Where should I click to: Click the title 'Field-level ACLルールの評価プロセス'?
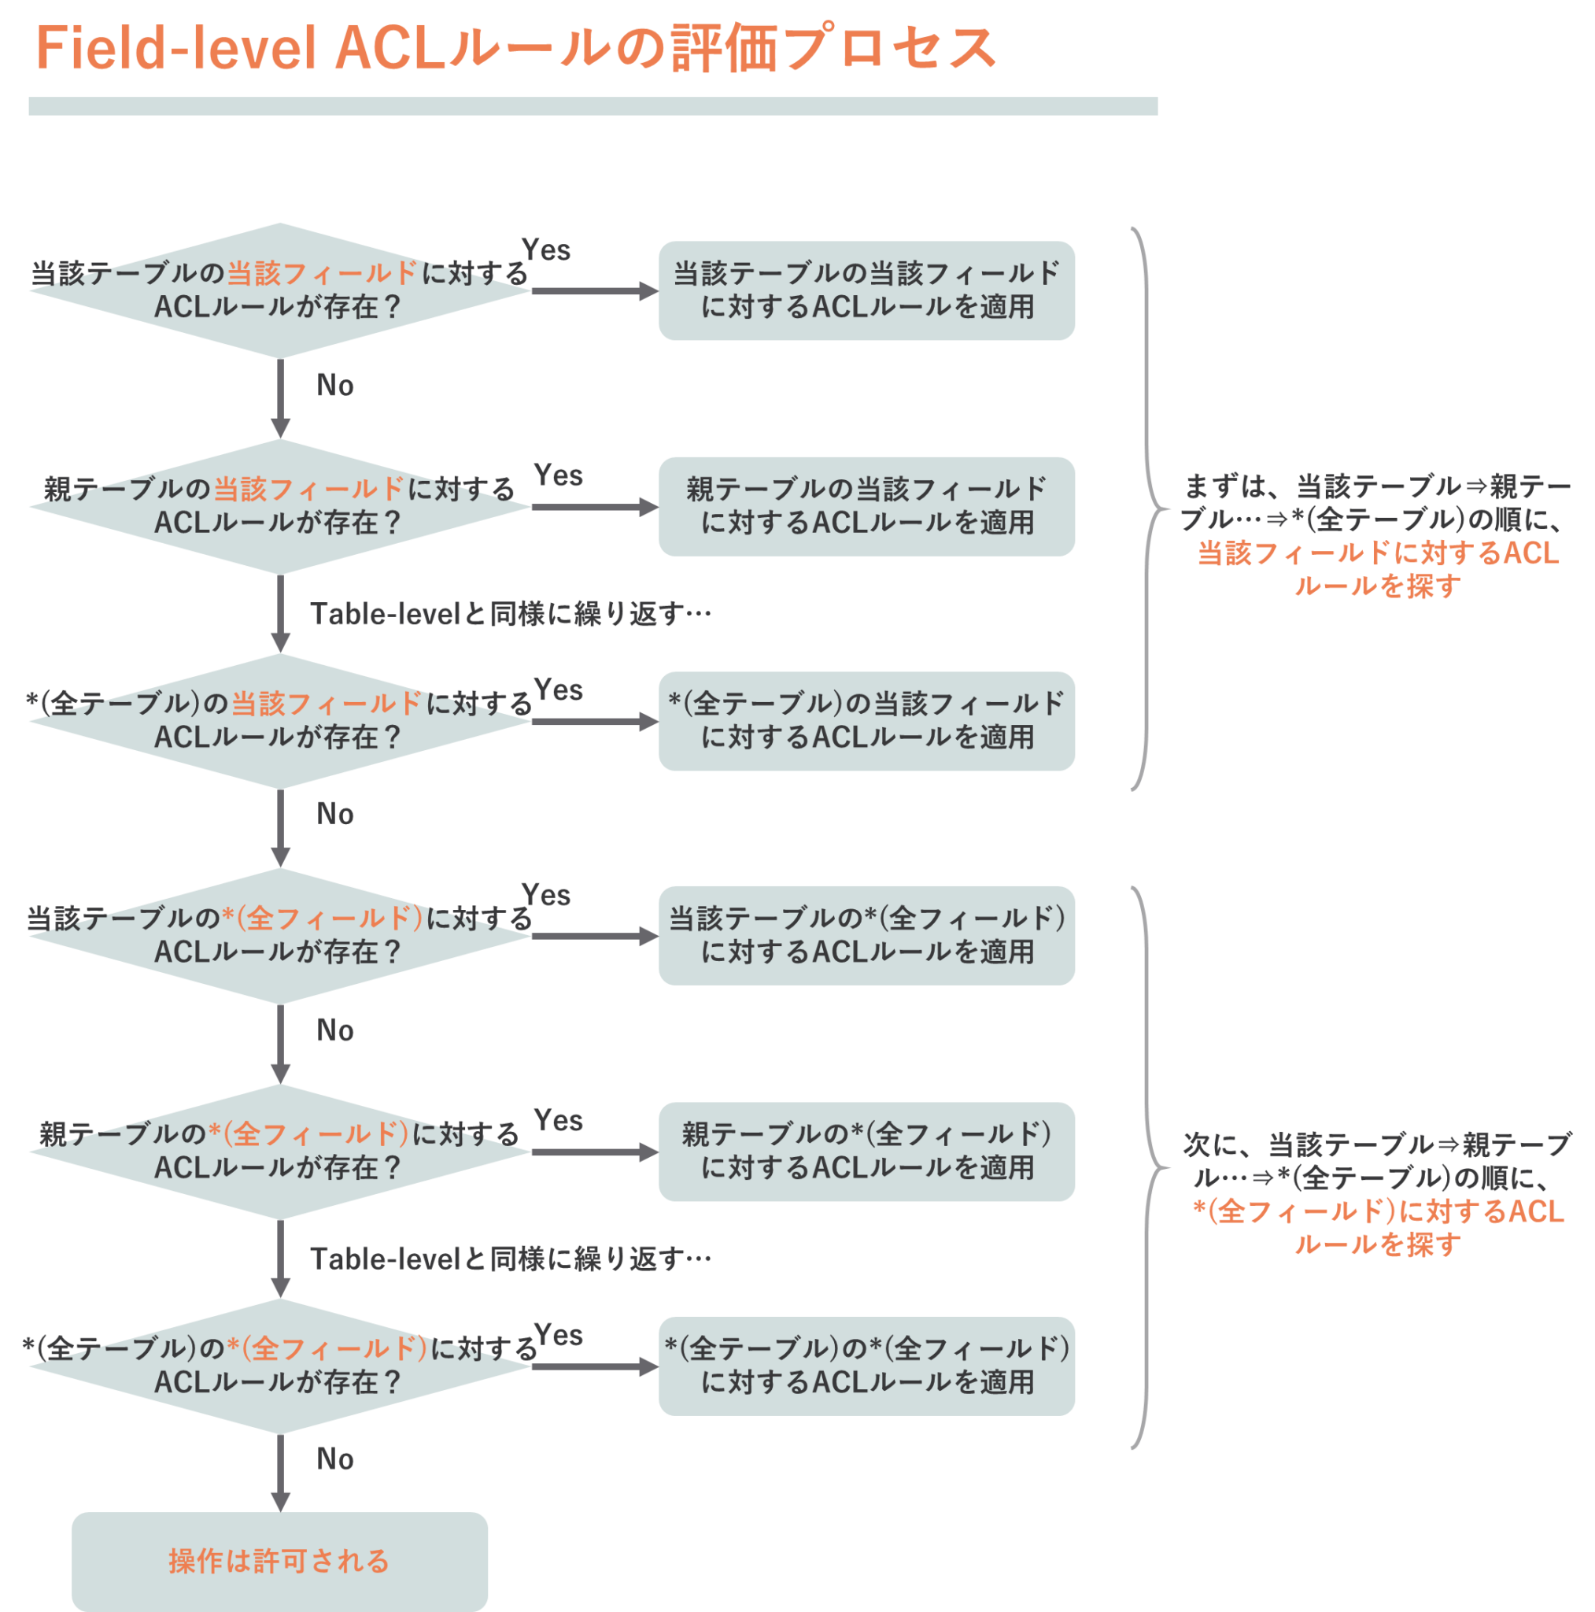(x=515, y=48)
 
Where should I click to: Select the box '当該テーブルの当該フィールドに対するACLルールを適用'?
(x=866, y=290)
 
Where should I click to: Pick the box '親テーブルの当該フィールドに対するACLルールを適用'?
(x=866, y=506)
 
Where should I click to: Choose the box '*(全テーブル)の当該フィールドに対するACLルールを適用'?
(x=866, y=721)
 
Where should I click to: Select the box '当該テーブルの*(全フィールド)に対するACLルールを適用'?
(x=866, y=935)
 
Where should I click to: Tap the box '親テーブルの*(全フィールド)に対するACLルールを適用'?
(x=866, y=1152)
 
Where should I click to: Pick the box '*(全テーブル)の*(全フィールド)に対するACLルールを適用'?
(x=866, y=1366)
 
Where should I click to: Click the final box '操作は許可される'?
(x=280, y=1561)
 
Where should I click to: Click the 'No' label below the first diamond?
(x=335, y=386)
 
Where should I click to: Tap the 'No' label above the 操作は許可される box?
(x=335, y=1459)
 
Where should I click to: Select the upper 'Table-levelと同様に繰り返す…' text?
(x=511, y=614)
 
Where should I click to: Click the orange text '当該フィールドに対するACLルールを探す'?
(x=1378, y=569)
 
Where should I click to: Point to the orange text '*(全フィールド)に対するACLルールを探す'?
(x=1378, y=1227)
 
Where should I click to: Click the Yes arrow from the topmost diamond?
(x=594, y=290)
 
